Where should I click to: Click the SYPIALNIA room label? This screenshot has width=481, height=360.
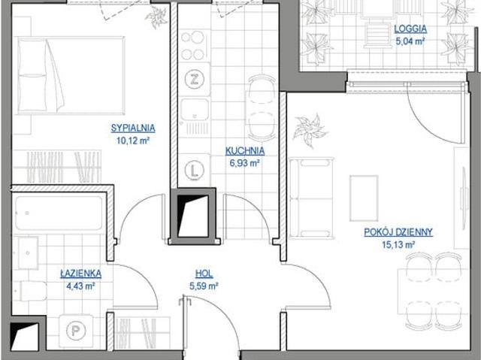pyautogui.click(x=133, y=128)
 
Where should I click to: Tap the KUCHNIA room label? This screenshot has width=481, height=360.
pyautogui.click(x=245, y=150)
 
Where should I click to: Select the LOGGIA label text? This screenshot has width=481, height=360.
pyautogui.click(x=410, y=29)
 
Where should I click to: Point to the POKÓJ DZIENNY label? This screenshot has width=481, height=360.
pyautogui.click(x=398, y=231)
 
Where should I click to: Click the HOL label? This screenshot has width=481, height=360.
pyautogui.click(x=204, y=274)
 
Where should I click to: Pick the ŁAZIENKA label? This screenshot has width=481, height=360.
pyautogui.click(x=80, y=273)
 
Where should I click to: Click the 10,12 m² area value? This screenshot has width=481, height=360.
pyautogui.click(x=133, y=141)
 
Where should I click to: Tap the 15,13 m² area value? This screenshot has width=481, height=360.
pyautogui.click(x=398, y=244)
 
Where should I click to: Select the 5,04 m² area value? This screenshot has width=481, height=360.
pyautogui.click(x=410, y=41)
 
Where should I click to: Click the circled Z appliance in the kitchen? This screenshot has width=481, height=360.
pyautogui.click(x=195, y=79)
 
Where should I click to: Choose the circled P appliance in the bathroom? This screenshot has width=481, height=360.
pyautogui.click(x=76, y=331)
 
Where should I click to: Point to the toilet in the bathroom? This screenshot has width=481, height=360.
pyautogui.click(x=30, y=291)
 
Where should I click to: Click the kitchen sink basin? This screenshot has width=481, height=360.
pyautogui.click(x=195, y=110)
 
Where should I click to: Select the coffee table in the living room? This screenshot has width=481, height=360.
pyautogui.click(x=364, y=198)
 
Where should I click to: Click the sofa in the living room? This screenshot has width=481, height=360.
pyautogui.click(x=311, y=198)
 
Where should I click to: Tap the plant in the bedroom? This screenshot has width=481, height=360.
pyautogui.click(x=156, y=17)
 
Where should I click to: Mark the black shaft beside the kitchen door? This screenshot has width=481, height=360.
pyautogui.click(x=193, y=216)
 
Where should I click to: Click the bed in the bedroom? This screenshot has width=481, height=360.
pyautogui.click(x=71, y=75)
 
